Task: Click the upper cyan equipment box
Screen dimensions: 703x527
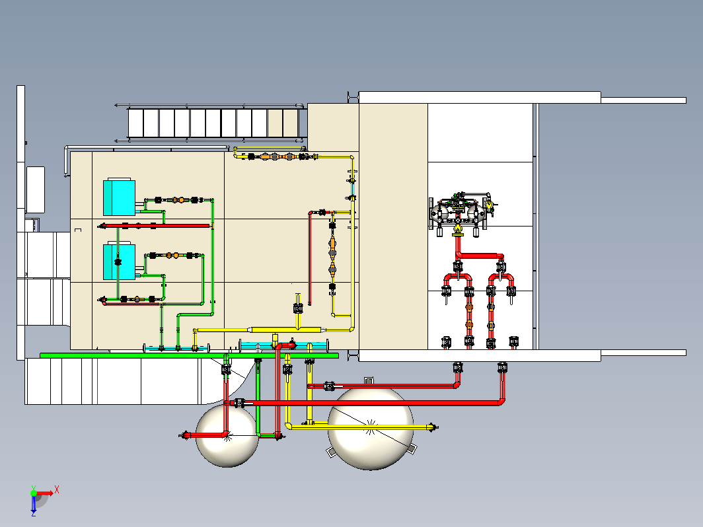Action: point(119,197)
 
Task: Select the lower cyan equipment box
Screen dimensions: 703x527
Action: point(119,262)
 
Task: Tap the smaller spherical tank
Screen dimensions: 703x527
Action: point(227,436)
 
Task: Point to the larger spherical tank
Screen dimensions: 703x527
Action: point(370,429)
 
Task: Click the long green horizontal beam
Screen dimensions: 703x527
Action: point(189,355)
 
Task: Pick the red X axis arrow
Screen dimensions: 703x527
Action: point(45,493)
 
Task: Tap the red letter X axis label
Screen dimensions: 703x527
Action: point(57,489)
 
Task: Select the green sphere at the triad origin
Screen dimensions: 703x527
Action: point(34,493)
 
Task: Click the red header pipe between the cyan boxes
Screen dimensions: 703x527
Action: point(155,226)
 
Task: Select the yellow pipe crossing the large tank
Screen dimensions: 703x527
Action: point(361,427)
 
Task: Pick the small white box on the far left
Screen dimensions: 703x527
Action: point(36,190)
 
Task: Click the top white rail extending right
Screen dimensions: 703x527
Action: point(523,98)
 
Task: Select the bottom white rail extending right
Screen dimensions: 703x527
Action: point(523,355)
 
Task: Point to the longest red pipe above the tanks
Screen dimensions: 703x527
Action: point(367,403)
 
